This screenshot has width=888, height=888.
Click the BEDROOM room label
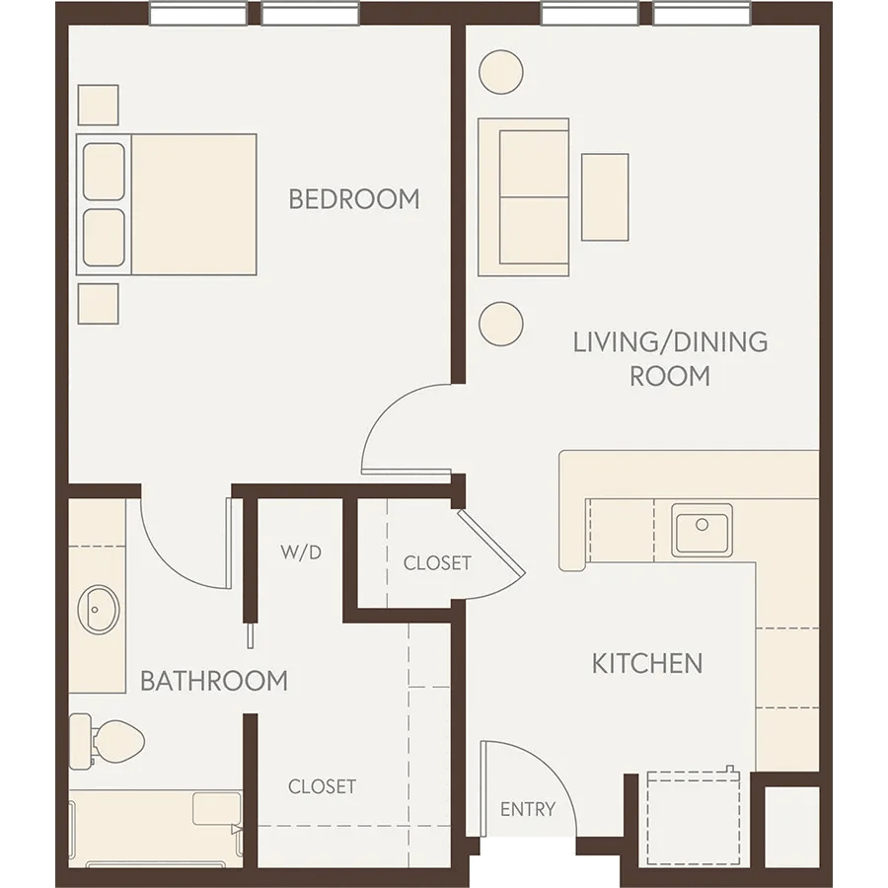[x=353, y=198]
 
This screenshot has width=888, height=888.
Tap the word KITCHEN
[x=646, y=663]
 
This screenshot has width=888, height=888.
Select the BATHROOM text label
[x=214, y=681]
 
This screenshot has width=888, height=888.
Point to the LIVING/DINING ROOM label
[x=670, y=358]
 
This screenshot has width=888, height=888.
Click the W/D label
[x=301, y=553]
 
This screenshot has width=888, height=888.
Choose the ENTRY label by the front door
[x=528, y=810]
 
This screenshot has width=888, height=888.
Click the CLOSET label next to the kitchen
[x=437, y=563]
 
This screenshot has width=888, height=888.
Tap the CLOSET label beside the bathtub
[x=322, y=786]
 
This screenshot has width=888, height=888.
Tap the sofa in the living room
[x=523, y=197]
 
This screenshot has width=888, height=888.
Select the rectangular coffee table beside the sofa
[x=605, y=196]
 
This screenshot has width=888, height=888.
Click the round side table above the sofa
[x=500, y=72]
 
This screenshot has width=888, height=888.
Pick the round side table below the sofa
[x=500, y=323]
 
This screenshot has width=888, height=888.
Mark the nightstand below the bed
[x=98, y=304]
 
